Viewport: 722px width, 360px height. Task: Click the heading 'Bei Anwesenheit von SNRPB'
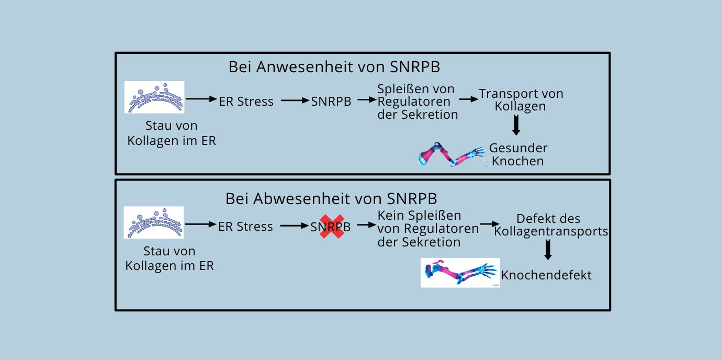tap(334, 67)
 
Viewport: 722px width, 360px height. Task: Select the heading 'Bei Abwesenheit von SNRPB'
tap(331, 199)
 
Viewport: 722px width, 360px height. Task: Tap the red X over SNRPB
tap(332, 227)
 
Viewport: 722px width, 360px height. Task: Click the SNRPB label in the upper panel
tap(331, 102)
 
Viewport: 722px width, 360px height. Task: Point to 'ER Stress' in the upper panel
tap(246, 102)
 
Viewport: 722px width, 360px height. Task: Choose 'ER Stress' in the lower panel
tap(245, 227)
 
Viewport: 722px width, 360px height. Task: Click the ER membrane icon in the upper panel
tap(154, 97)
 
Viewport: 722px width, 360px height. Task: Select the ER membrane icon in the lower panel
tap(154, 222)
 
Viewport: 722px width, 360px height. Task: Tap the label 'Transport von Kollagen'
tap(521, 100)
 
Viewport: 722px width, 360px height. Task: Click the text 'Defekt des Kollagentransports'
tap(550, 225)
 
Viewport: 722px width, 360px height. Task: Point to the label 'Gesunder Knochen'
tap(518, 154)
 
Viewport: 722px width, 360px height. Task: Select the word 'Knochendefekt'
tap(546, 275)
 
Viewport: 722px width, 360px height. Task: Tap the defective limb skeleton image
tap(460, 273)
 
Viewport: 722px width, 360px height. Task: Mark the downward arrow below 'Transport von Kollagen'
tap(516, 125)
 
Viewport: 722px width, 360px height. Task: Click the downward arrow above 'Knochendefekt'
tap(548, 250)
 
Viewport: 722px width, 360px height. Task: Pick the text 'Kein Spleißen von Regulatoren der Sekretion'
tap(427, 229)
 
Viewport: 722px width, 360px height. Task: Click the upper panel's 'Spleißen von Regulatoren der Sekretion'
tap(418, 102)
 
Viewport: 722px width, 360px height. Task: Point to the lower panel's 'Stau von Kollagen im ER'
tap(170, 258)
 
